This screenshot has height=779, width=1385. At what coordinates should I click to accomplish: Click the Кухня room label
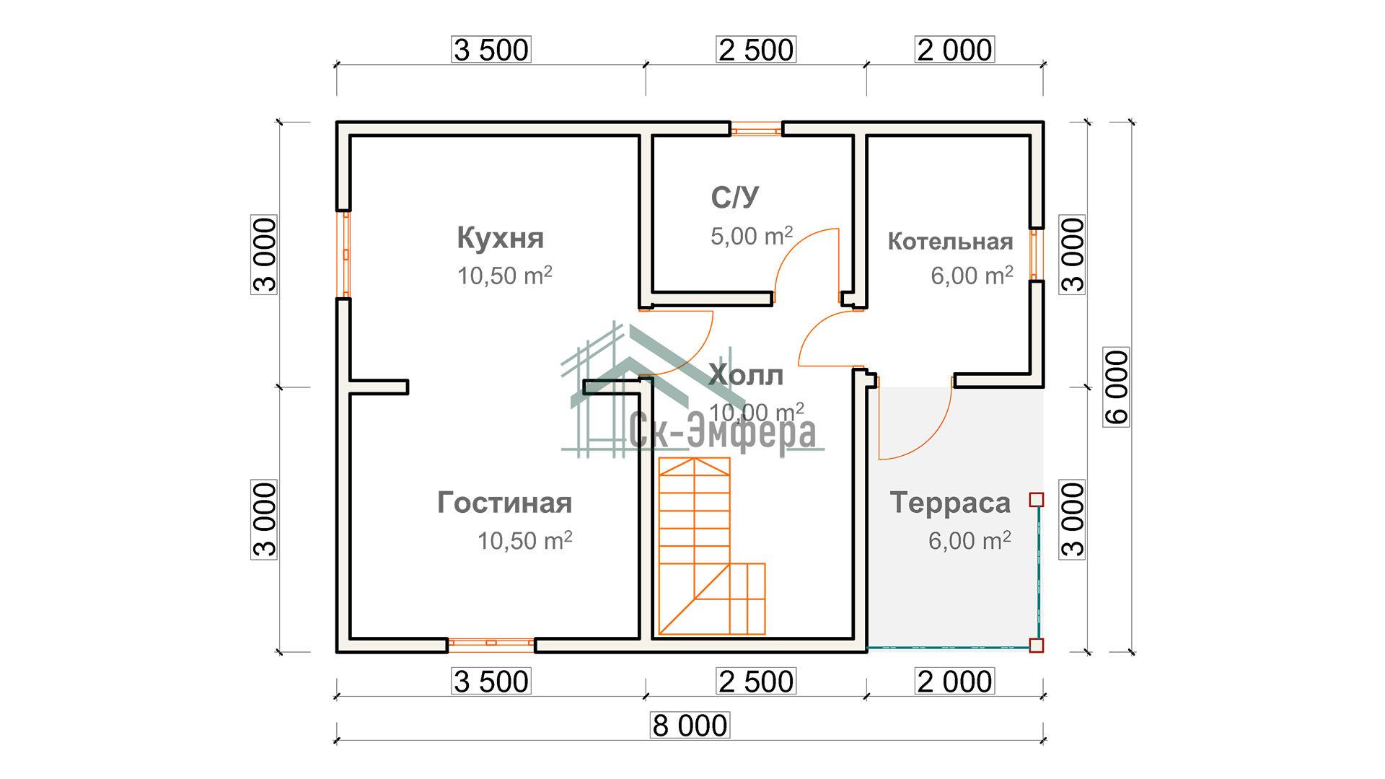[x=501, y=238]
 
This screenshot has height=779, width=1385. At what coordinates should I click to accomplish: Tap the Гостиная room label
[x=504, y=503]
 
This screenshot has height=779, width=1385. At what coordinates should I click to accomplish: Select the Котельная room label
[x=950, y=242]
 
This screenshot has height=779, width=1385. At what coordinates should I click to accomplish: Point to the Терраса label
[x=950, y=503]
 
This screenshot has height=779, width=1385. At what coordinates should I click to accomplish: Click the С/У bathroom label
[x=735, y=198]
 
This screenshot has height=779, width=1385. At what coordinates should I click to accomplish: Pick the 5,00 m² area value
[x=752, y=236]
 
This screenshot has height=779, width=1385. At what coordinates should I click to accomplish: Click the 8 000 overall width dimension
[x=690, y=725]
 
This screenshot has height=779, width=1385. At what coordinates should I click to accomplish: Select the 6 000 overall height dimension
[x=1117, y=387]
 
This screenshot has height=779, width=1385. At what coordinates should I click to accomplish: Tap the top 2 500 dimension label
[x=756, y=50]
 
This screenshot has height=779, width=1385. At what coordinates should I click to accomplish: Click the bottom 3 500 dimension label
[x=491, y=682]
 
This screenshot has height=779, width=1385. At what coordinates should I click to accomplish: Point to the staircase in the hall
[x=711, y=546]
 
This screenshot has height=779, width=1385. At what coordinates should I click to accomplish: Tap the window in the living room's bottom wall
[x=491, y=643]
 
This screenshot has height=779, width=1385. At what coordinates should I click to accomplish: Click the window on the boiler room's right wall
[x=1036, y=254]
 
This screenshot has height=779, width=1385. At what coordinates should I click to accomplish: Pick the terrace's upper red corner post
[x=1037, y=499]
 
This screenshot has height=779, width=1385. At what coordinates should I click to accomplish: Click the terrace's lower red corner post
[x=1037, y=645]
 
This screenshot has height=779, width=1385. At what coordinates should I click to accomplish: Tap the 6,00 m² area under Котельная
[x=972, y=276]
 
